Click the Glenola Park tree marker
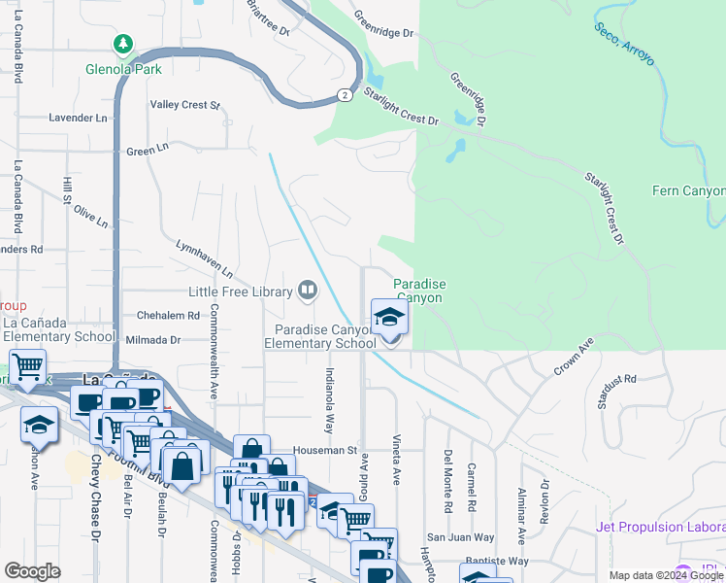point(123,44)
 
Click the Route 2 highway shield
point(345,94)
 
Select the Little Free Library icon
point(308,291)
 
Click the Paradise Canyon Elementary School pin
point(390,319)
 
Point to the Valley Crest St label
point(185,105)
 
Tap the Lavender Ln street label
point(78,118)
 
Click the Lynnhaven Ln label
point(204,257)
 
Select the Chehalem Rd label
point(167,315)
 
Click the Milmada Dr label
point(153,340)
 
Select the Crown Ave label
point(573,358)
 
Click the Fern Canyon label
point(688,190)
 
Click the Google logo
point(32,571)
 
